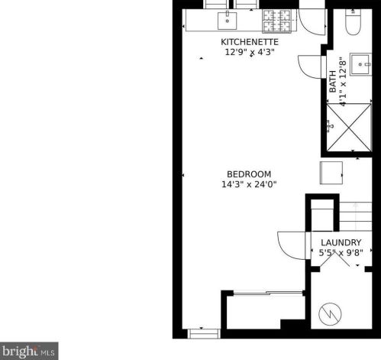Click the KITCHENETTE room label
tap(250, 42)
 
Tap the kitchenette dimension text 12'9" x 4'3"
tap(250, 52)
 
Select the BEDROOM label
tap(249, 174)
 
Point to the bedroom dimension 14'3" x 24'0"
tap(249, 184)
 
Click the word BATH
tap(333, 82)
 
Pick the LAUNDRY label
tap(341, 242)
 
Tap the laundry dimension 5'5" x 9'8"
tap(341, 253)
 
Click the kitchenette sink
tap(228, 21)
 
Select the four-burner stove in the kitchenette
tap(277, 21)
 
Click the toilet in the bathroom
tap(353, 22)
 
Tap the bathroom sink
tap(360, 64)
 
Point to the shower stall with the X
tap(349, 128)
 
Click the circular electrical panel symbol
tap(330, 314)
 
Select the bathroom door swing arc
tap(305, 71)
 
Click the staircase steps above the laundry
tap(356, 216)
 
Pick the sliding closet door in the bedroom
tap(268, 293)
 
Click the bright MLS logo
tap(29, 351)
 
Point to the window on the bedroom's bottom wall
tap(204, 334)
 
